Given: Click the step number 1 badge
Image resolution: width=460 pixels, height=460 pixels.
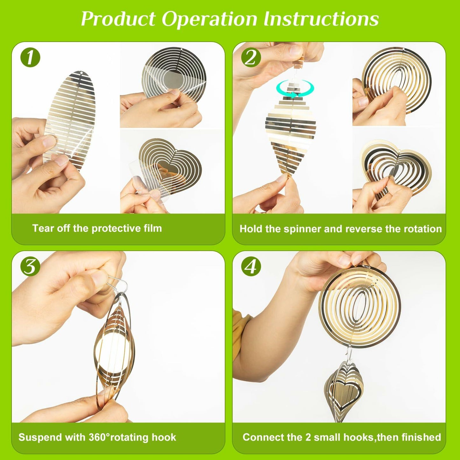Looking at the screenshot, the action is coord(30,58).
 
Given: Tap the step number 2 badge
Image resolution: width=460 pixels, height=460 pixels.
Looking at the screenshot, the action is coord(251,58).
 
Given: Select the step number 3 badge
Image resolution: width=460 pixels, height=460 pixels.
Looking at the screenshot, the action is coord(30,267).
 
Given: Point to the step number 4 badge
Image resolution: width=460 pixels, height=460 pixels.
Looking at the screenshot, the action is coord(251,267).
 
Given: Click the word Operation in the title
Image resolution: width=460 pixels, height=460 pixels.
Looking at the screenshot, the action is coord(209,19).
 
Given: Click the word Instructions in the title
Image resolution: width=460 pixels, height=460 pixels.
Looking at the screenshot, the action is coord(321,18).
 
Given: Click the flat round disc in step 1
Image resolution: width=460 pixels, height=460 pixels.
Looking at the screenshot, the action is coord(174,77).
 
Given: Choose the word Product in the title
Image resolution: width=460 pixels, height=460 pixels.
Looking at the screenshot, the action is coord(118,19).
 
